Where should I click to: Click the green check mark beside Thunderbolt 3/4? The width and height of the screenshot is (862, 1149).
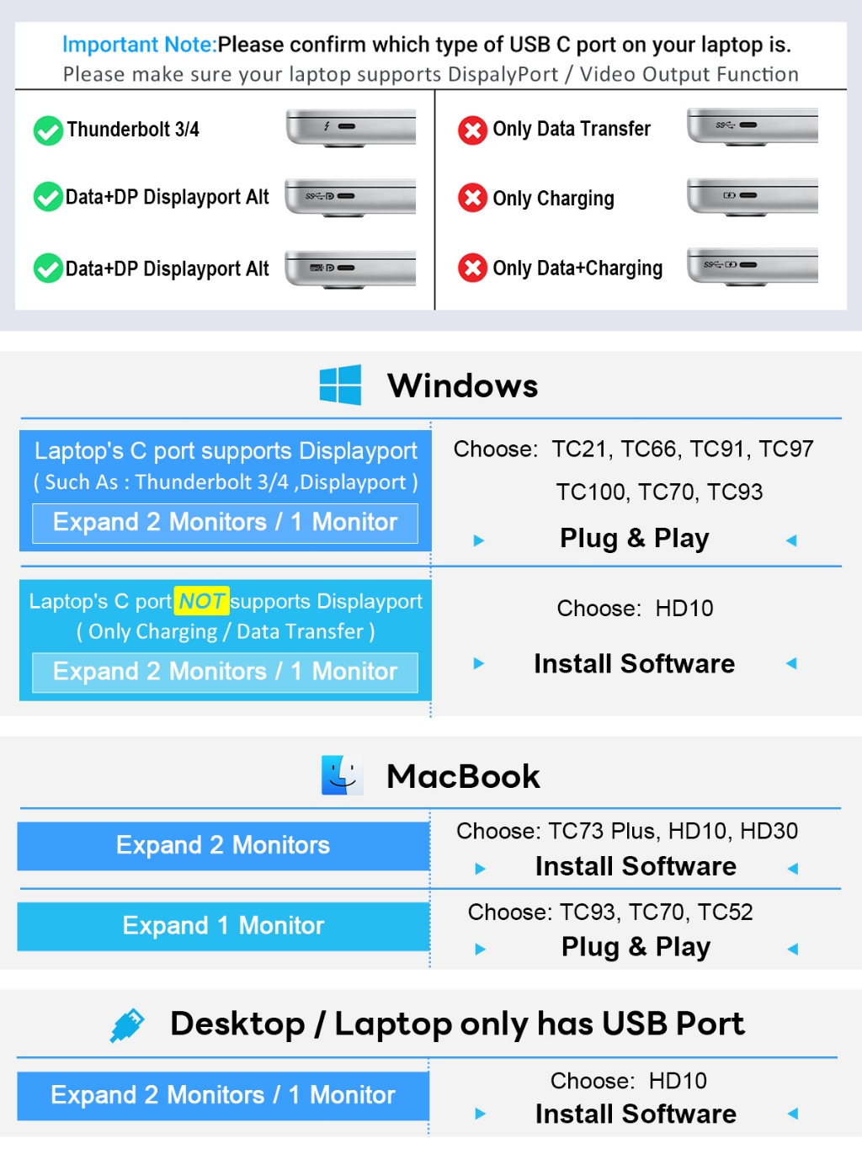[x=48, y=130]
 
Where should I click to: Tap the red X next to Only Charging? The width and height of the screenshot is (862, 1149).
[x=472, y=198]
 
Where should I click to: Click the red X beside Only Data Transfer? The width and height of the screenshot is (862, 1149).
[x=472, y=130]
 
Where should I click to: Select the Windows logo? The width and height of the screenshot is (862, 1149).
[x=340, y=385]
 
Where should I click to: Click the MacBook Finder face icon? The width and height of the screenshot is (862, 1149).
[x=343, y=774]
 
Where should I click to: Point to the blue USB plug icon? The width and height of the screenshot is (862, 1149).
[x=127, y=1025]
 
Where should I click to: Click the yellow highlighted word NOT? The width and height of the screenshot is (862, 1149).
[x=201, y=601]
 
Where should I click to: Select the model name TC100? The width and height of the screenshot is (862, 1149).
[x=590, y=492]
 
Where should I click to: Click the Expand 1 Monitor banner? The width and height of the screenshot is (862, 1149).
[x=223, y=926]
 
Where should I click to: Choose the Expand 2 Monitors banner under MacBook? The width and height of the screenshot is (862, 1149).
[x=223, y=846]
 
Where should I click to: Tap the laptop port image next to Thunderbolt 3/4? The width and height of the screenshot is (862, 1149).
[x=351, y=128]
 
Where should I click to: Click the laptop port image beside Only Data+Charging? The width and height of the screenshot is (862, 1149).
[x=753, y=267]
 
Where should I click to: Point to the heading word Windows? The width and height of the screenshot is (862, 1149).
[x=462, y=386]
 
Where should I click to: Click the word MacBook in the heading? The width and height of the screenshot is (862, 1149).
[x=463, y=776]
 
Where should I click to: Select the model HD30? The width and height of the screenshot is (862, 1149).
[x=769, y=831]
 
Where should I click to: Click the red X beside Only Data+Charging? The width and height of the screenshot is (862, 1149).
[x=472, y=268]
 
